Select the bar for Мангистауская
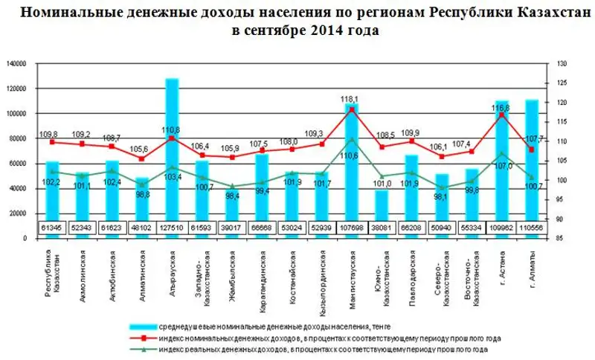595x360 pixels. click(x=352, y=164)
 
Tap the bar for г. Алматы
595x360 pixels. click(x=532, y=156)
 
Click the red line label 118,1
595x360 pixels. click(x=350, y=99)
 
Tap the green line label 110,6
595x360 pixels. click(x=350, y=155)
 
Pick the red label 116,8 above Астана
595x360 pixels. click(x=502, y=108)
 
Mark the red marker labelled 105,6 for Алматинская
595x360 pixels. click(x=141, y=158)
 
